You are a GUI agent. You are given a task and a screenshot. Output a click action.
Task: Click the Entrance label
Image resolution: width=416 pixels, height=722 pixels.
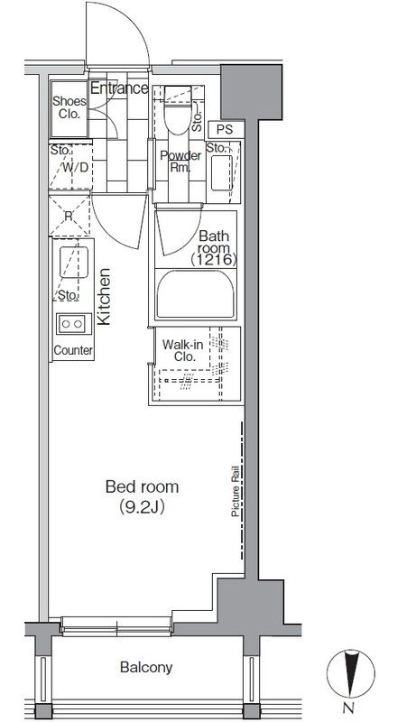tap(119, 88)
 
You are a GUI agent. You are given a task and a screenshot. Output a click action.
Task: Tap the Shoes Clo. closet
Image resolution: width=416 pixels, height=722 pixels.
tap(69, 108)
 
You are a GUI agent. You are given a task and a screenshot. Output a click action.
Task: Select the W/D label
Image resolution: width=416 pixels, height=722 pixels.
tap(75, 167)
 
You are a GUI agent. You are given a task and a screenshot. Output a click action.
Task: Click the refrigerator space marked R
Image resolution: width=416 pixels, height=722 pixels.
tap(69, 216)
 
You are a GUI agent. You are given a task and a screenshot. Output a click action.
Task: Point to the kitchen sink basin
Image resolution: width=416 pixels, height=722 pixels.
tap(74, 262)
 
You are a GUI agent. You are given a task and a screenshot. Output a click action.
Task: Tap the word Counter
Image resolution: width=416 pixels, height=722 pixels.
tap(73, 350)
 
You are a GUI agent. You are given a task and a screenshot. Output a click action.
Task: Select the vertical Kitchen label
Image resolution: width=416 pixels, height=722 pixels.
tap(104, 297)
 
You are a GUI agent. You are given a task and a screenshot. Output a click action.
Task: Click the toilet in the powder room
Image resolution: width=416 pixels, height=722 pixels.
tap(178, 110)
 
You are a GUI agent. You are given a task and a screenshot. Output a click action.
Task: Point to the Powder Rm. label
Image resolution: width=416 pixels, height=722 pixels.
tap(180, 162)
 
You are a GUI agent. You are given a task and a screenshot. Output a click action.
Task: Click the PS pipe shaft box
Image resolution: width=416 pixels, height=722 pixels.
tap(225, 130)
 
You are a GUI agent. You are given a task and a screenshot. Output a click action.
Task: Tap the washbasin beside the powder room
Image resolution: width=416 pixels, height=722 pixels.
tap(222, 172)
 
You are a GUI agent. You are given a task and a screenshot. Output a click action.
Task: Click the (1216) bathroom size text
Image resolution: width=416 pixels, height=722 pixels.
tap(214, 260)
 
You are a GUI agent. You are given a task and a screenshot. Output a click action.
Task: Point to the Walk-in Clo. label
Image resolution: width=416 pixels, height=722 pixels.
tap(182, 350)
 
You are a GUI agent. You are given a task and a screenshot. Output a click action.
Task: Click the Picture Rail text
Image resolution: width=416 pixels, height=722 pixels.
tap(236, 489)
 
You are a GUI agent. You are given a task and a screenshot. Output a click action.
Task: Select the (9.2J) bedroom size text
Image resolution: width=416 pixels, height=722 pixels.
tap(143, 507)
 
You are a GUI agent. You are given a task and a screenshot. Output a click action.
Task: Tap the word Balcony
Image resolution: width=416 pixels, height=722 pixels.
tap(146, 667)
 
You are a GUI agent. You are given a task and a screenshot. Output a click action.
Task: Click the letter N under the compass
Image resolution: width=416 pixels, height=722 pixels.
tap(350, 708)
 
